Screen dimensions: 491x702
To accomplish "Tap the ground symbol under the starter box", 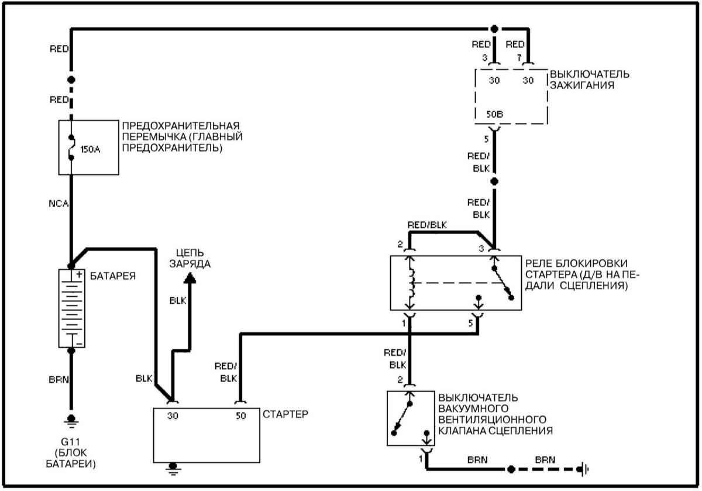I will (173, 467).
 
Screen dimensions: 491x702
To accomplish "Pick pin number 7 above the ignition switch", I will (518, 57).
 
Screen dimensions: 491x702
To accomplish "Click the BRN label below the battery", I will (58, 379).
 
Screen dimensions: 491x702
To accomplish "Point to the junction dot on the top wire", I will (494, 28).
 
